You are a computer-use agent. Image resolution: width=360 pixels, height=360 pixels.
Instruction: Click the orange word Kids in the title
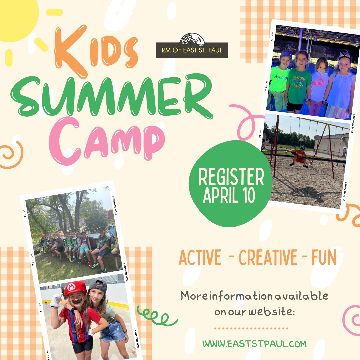click(96, 51)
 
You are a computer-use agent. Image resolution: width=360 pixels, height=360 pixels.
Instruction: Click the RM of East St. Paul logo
click(192, 45)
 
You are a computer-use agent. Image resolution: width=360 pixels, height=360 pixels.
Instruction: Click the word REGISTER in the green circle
click(231, 177)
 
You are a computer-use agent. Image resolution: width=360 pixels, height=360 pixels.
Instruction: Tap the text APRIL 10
click(229, 195)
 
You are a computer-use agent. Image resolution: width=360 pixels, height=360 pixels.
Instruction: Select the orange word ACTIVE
click(200, 257)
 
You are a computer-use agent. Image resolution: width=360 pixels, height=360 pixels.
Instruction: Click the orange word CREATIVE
click(268, 257)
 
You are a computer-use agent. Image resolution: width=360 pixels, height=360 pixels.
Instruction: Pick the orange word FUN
click(324, 257)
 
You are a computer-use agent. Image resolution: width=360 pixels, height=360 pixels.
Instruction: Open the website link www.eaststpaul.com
click(254, 344)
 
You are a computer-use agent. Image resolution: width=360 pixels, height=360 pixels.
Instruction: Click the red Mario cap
click(75, 288)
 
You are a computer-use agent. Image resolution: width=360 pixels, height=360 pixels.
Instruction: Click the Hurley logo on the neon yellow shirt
click(280, 77)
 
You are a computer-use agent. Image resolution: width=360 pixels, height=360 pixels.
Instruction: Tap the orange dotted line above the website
click(251, 328)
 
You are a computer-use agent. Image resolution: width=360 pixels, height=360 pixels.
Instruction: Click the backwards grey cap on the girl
click(98, 285)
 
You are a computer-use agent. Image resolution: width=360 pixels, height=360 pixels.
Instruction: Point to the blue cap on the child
click(286, 55)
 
